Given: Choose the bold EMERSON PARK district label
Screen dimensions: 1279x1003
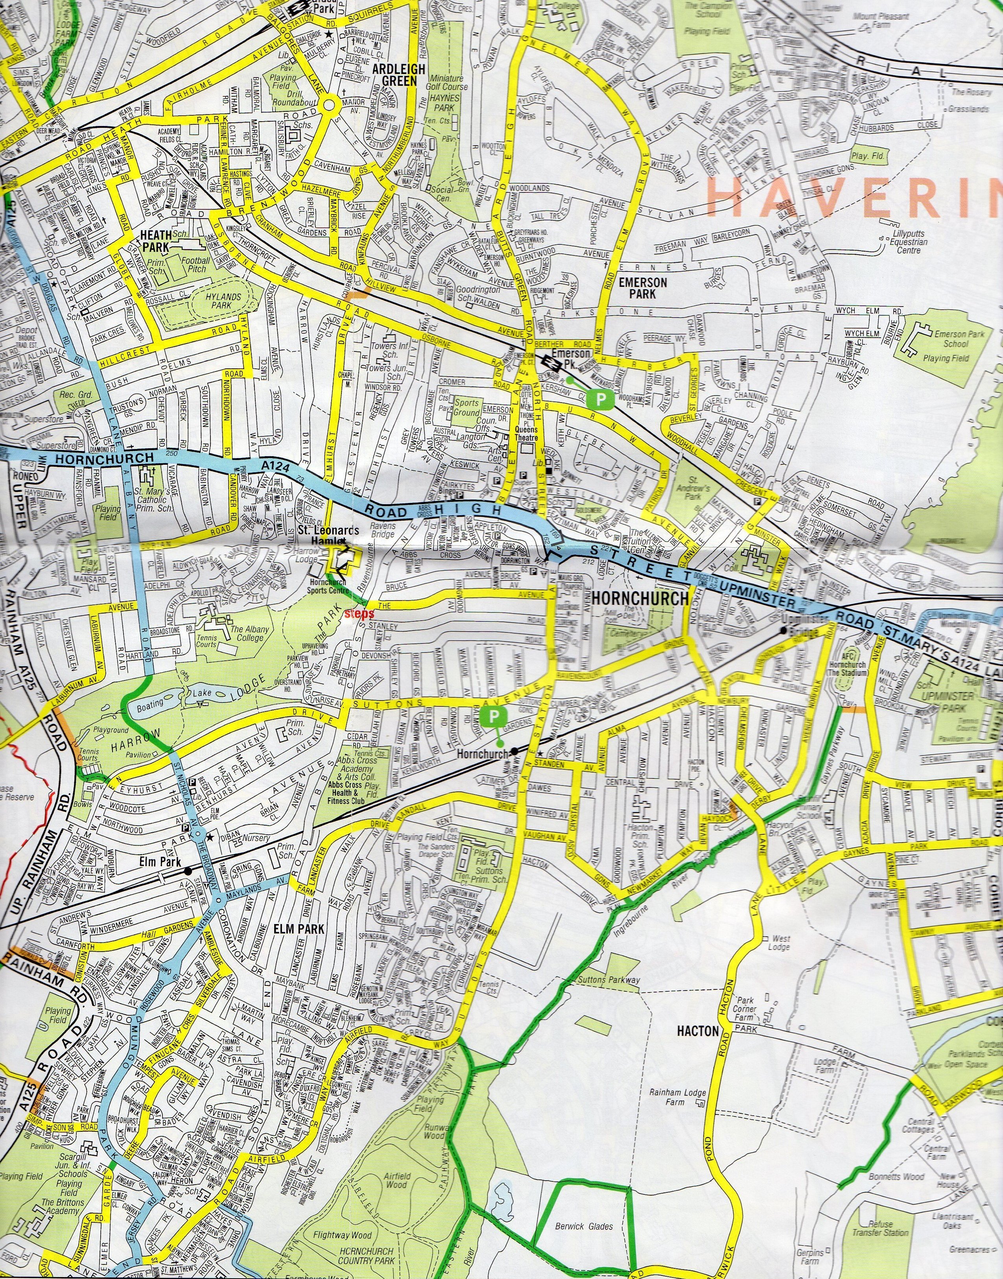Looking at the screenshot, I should point(643,288).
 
